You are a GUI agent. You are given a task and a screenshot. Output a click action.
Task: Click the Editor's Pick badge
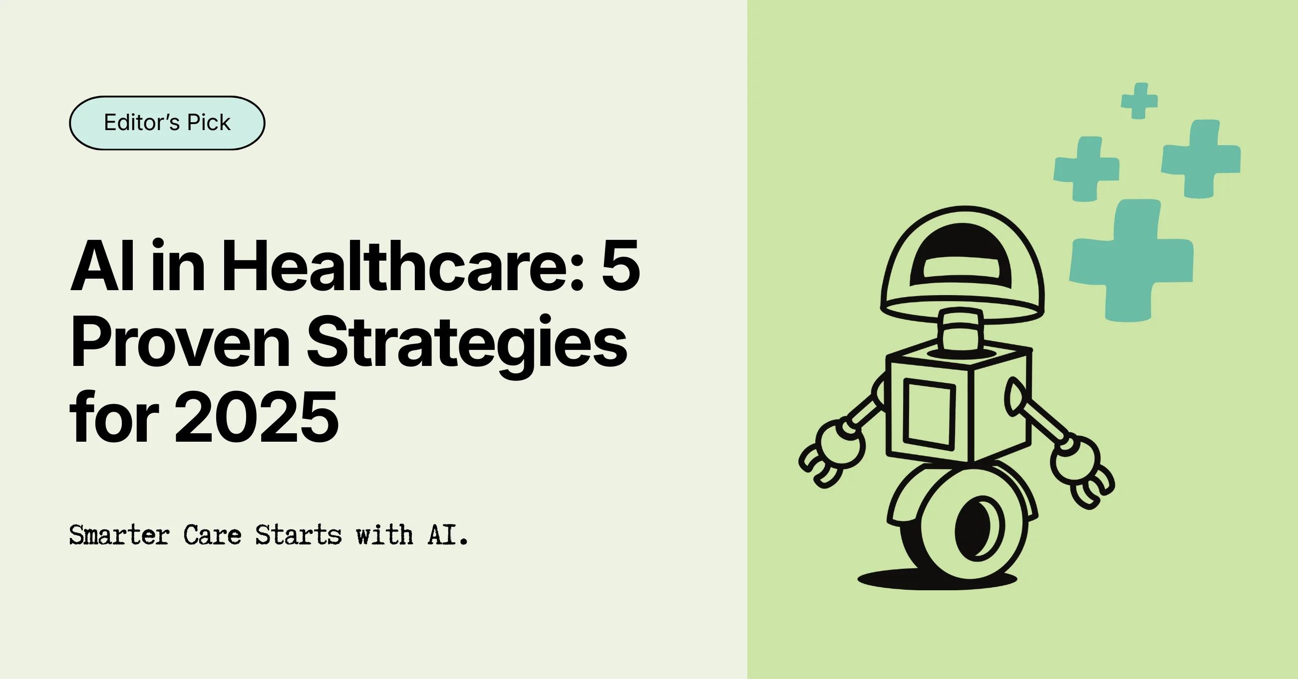[x=167, y=123]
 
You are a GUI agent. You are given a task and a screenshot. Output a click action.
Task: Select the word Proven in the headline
[x=180, y=342]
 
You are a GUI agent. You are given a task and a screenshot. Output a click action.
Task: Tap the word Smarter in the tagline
[x=119, y=534]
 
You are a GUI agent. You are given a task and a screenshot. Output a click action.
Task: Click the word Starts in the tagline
[x=298, y=534]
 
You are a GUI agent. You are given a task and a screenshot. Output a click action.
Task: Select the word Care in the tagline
[x=212, y=534]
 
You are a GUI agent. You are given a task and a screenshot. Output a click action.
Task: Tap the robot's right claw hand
[x=1083, y=468]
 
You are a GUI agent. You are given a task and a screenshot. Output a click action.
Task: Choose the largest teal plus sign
[x=1132, y=260]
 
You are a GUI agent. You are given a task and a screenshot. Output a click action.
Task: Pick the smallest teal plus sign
[x=1139, y=101]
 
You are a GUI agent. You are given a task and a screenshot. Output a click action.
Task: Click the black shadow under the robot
[x=937, y=580]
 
